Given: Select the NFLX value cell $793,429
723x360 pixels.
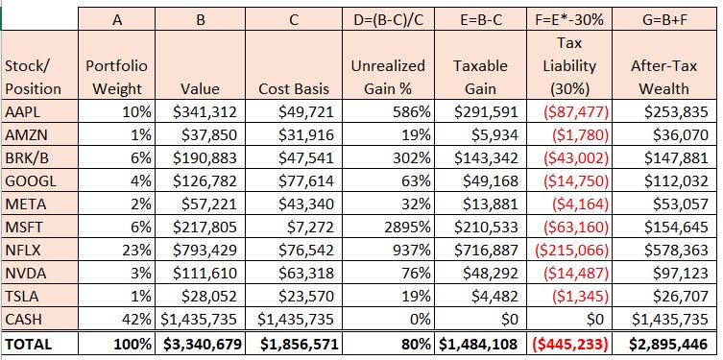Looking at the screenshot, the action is (205, 251).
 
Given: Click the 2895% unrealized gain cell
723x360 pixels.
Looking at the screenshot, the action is (405, 228).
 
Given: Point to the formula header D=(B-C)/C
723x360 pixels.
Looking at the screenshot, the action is (388, 20).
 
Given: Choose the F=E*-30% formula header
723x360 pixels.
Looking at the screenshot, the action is (569, 20).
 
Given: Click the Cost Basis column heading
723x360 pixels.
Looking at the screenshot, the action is (294, 88).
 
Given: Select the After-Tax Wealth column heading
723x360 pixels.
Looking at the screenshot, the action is (664, 77).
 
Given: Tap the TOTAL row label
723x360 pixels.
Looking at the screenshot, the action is (29, 344).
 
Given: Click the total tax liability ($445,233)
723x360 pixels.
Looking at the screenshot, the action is (569, 344).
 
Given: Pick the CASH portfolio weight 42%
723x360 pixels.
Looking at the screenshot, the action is (136, 320).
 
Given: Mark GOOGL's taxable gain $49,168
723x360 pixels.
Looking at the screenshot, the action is (487, 181).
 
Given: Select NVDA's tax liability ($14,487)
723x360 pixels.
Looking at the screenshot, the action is (575, 274).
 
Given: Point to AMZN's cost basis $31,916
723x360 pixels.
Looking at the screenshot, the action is (305, 135).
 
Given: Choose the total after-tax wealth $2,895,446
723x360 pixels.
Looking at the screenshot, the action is (668, 344).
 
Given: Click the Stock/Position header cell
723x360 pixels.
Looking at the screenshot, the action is (33, 77).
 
